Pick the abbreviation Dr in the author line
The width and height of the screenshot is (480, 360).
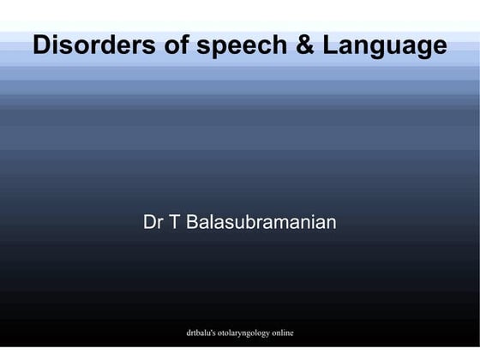(x=153, y=223)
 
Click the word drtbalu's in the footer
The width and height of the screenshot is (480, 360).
(x=205, y=332)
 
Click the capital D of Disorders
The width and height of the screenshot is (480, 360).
(x=42, y=45)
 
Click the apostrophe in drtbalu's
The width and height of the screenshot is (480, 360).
(x=219, y=329)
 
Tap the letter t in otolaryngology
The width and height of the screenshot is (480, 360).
(x=232, y=332)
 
